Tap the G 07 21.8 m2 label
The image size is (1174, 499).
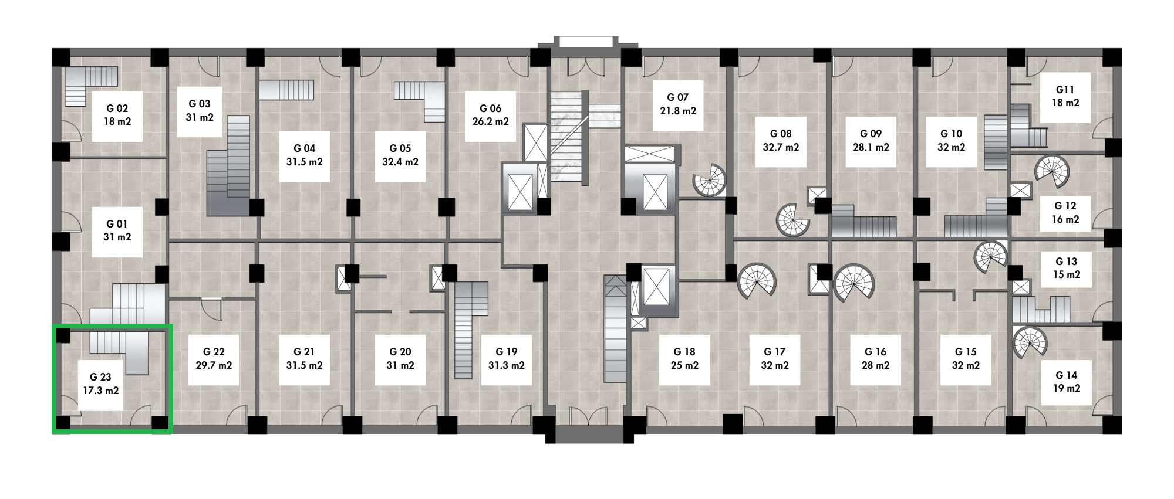coord(678,104)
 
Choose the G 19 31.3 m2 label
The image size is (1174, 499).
coord(506,359)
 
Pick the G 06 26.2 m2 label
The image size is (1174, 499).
coord(490,116)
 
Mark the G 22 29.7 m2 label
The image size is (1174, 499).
coord(214,359)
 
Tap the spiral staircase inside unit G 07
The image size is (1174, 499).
coord(709,179)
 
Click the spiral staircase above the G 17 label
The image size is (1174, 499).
coord(757,281)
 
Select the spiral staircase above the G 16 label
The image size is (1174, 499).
coord(853,283)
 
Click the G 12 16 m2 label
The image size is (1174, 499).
coord(1065,213)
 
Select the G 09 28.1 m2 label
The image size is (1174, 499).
coord(871,141)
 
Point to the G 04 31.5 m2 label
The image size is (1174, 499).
coord(304,155)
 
